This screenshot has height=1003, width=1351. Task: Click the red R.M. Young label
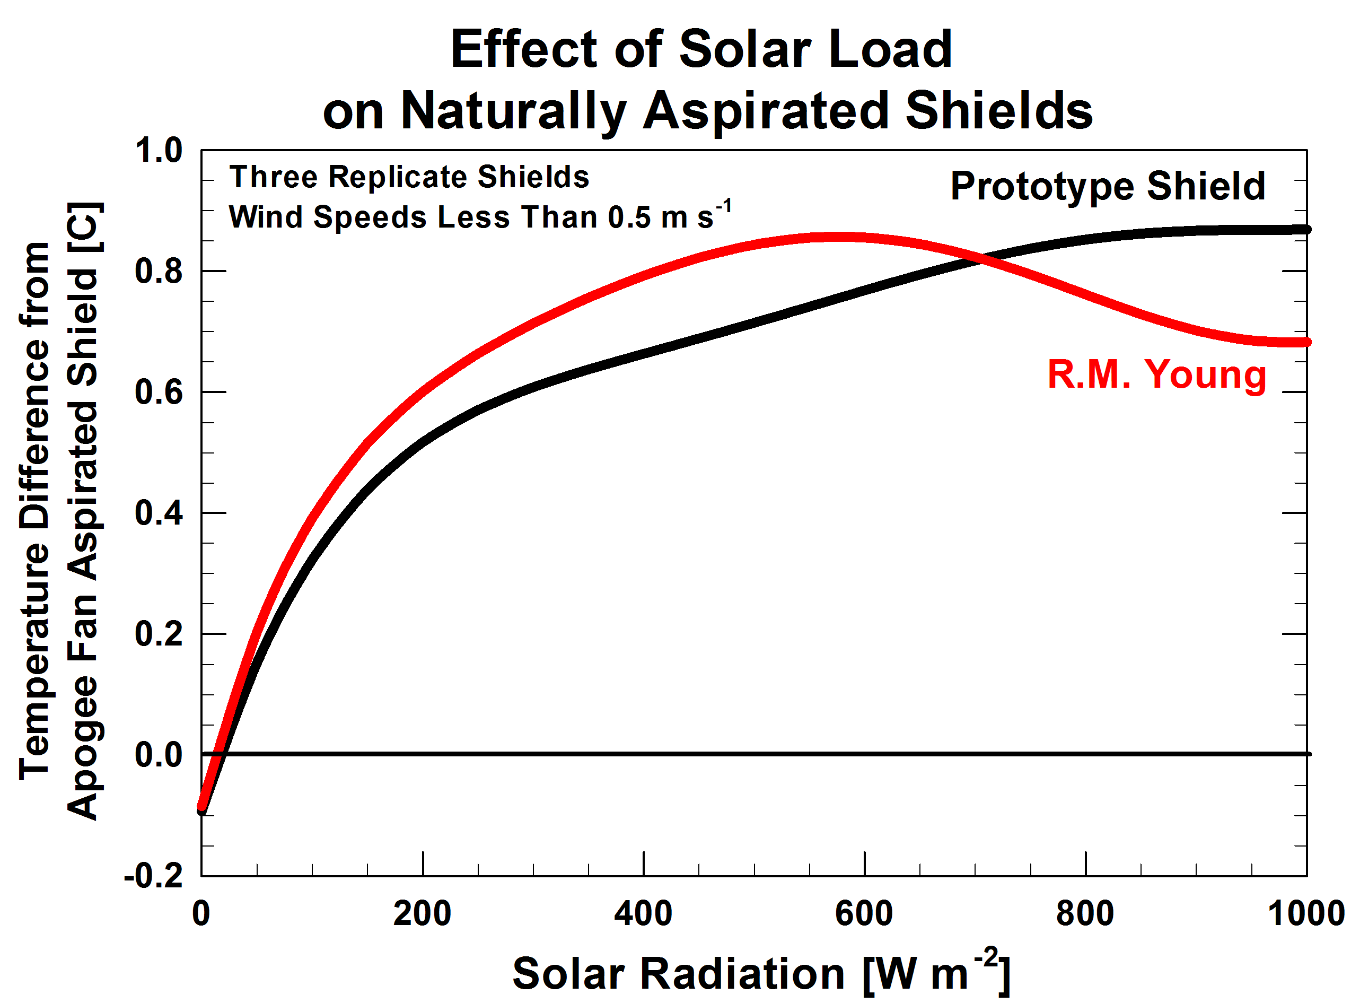(1156, 375)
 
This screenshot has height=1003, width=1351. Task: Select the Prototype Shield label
(1107, 186)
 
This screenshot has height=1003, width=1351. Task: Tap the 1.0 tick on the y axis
(159, 151)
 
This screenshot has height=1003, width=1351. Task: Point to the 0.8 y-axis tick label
(159, 271)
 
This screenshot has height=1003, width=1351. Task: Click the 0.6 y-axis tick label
(159, 392)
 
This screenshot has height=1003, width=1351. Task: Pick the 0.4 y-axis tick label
(159, 513)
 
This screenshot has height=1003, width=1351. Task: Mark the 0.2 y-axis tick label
(159, 634)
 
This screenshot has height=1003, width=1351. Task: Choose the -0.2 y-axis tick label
(153, 876)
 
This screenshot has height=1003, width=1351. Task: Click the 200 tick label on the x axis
(423, 914)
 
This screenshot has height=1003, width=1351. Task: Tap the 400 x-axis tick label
(643, 914)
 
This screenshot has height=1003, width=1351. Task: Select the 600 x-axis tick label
(864, 914)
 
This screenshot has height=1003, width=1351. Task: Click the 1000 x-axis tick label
(1305, 914)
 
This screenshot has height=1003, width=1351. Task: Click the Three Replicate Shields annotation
(409, 177)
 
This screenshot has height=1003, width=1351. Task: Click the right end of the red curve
(1306, 343)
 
